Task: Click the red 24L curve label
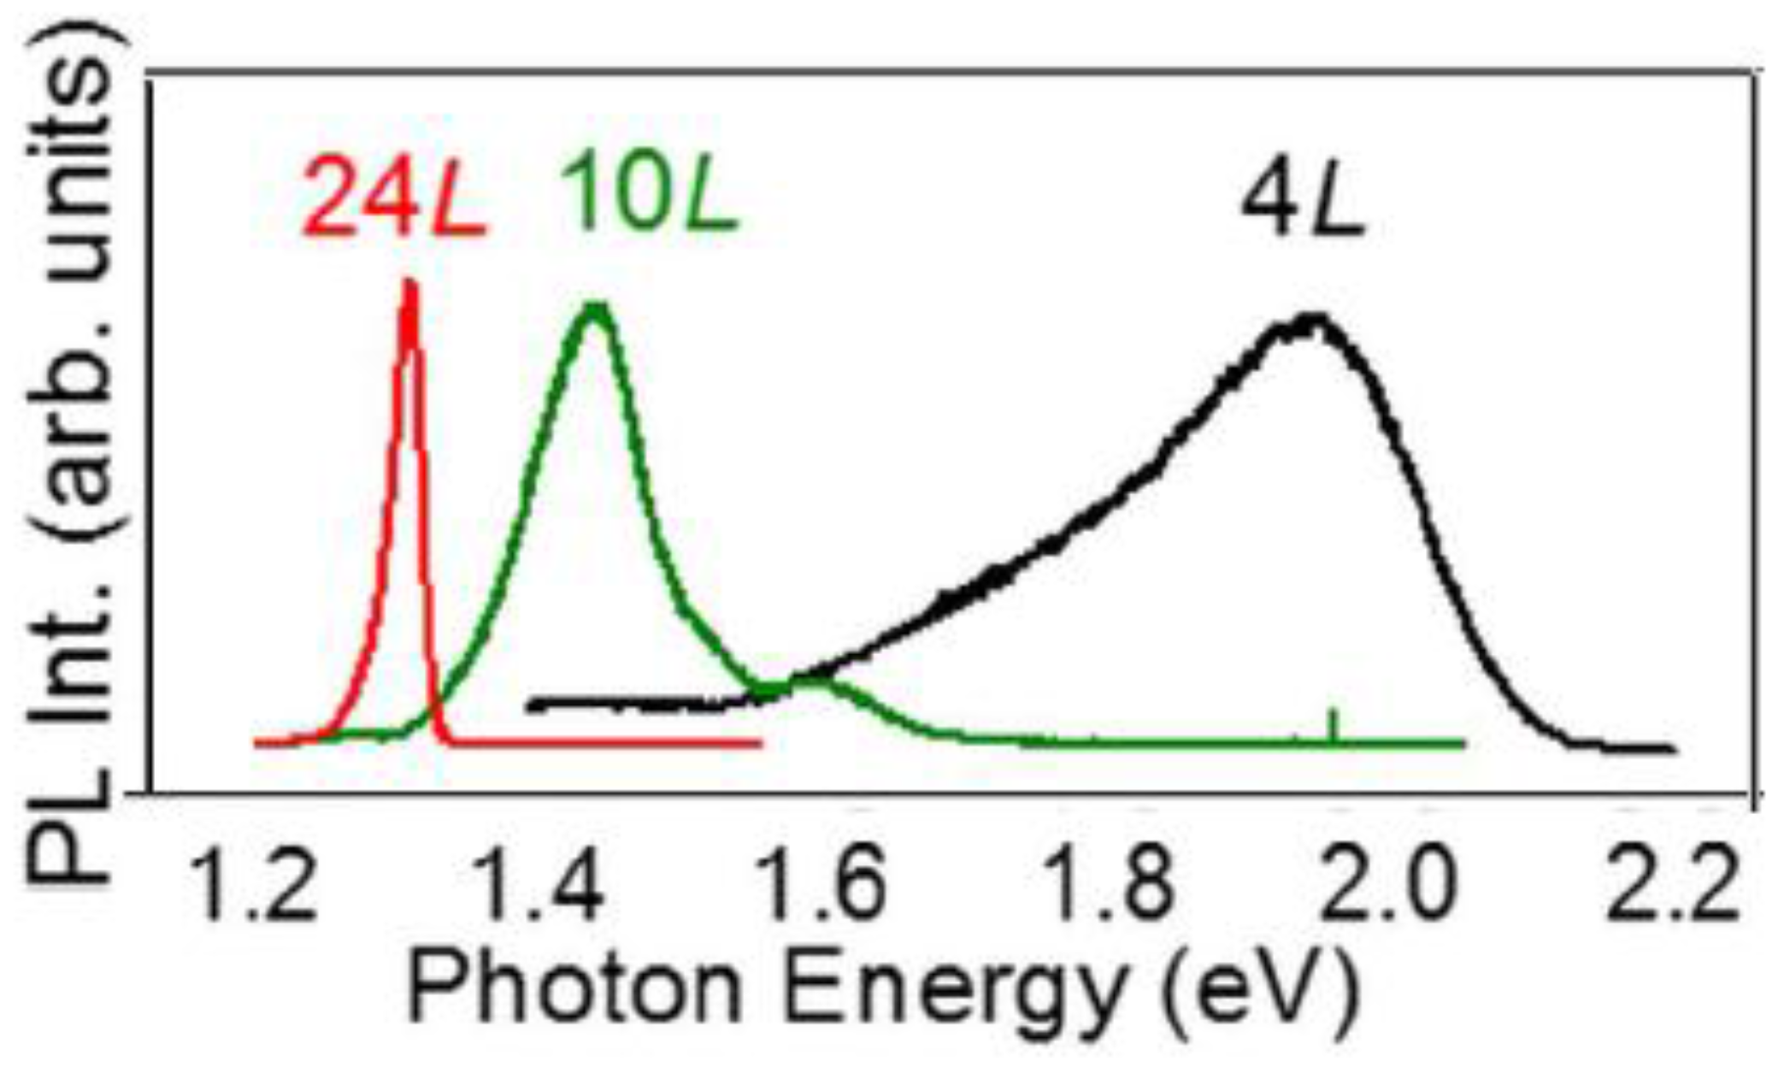point(393,198)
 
